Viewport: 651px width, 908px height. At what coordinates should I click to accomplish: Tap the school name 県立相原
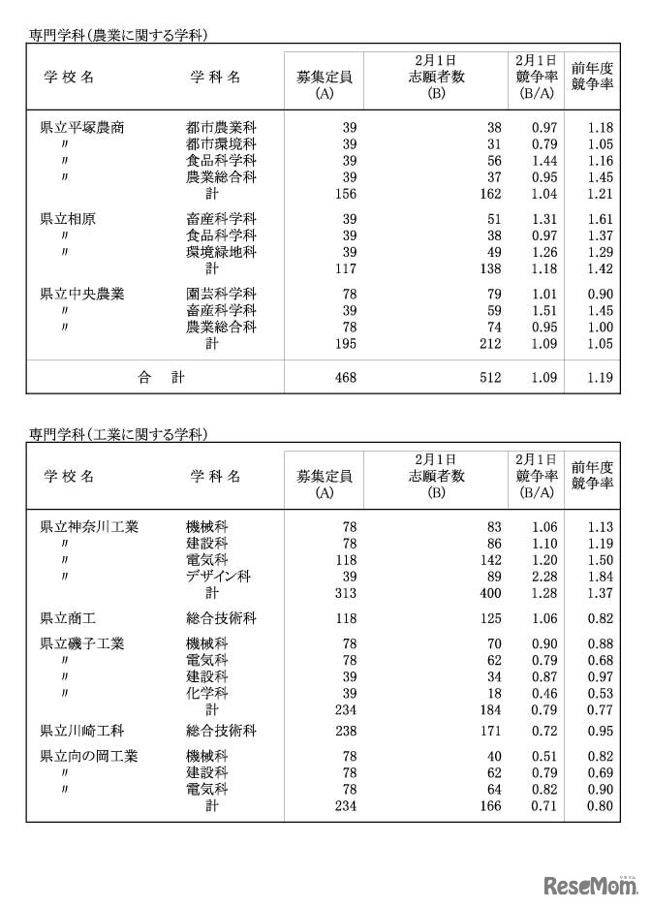pos(67,218)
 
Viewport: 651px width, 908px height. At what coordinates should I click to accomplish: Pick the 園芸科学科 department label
pos(221,294)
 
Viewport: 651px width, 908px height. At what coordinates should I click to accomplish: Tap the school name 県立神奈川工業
pos(89,526)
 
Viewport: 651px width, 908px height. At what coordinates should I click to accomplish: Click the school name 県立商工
pos(67,617)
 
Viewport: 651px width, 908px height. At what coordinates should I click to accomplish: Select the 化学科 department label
pos(206,693)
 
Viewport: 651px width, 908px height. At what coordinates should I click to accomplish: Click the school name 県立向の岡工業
pos(89,755)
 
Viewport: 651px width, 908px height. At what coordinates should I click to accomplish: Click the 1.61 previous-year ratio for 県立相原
pos(601,218)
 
